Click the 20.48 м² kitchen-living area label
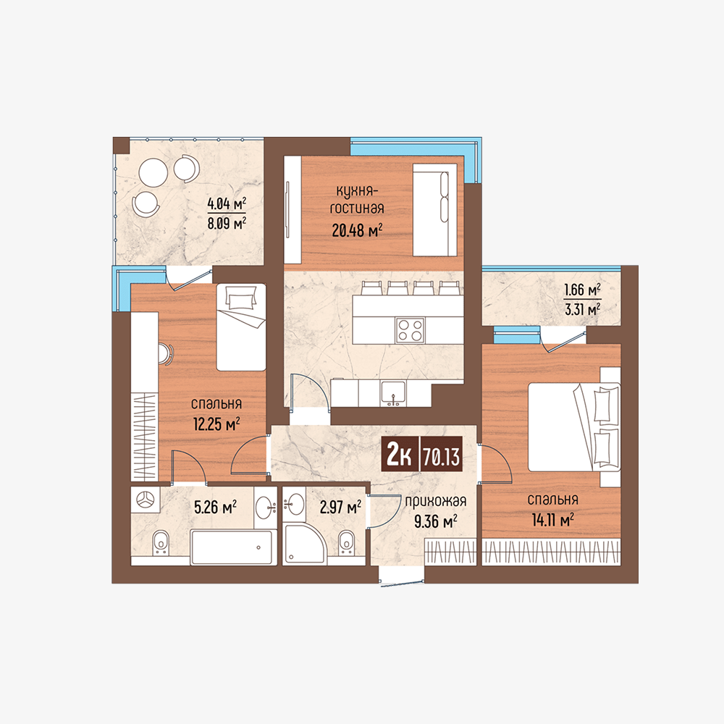[x=358, y=230]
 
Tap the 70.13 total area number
[x=442, y=457]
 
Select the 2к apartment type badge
[x=399, y=456]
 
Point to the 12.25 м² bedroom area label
[x=216, y=423]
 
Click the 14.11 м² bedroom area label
[x=552, y=520]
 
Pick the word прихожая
[x=435, y=502]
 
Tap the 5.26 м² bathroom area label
[x=215, y=508]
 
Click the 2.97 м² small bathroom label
[x=341, y=508]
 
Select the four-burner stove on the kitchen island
[x=410, y=330]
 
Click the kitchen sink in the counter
[x=393, y=393]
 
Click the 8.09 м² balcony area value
[x=226, y=224]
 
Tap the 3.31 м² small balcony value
[x=583, y=308]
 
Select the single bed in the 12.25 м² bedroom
[x=242, y=327]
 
